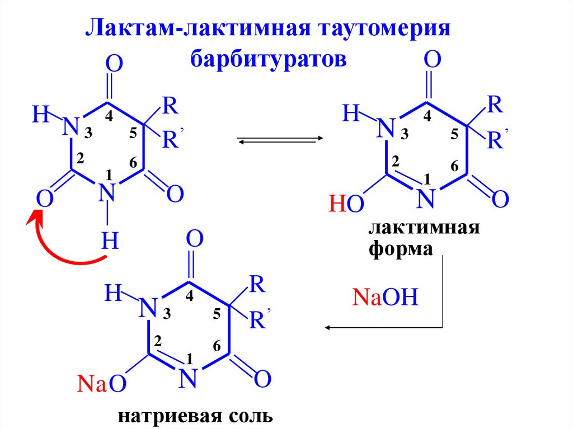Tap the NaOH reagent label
tap(385, 296)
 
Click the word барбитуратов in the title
tap(269, 58)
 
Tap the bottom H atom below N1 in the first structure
tap(110, 242)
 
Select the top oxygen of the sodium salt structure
tap(194, 241)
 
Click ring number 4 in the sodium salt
tap(189, 297)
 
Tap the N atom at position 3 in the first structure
tap(69, 126)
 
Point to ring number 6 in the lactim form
tap(454, 167)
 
